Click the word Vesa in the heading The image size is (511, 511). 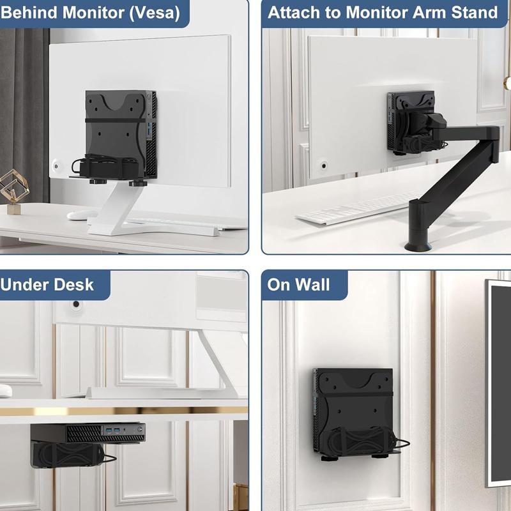[155, 13]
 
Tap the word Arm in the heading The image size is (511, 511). [429, 12]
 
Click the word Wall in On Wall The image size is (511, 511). [312, 284]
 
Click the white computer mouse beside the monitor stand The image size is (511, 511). [82, 215]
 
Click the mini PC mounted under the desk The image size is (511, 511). [88, 433]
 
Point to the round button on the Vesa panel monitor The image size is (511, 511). [56, 166]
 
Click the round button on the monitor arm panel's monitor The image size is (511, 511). [324, 166]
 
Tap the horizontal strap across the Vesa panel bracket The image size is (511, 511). [115, 121]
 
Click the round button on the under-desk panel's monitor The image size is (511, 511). [76, 305]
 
